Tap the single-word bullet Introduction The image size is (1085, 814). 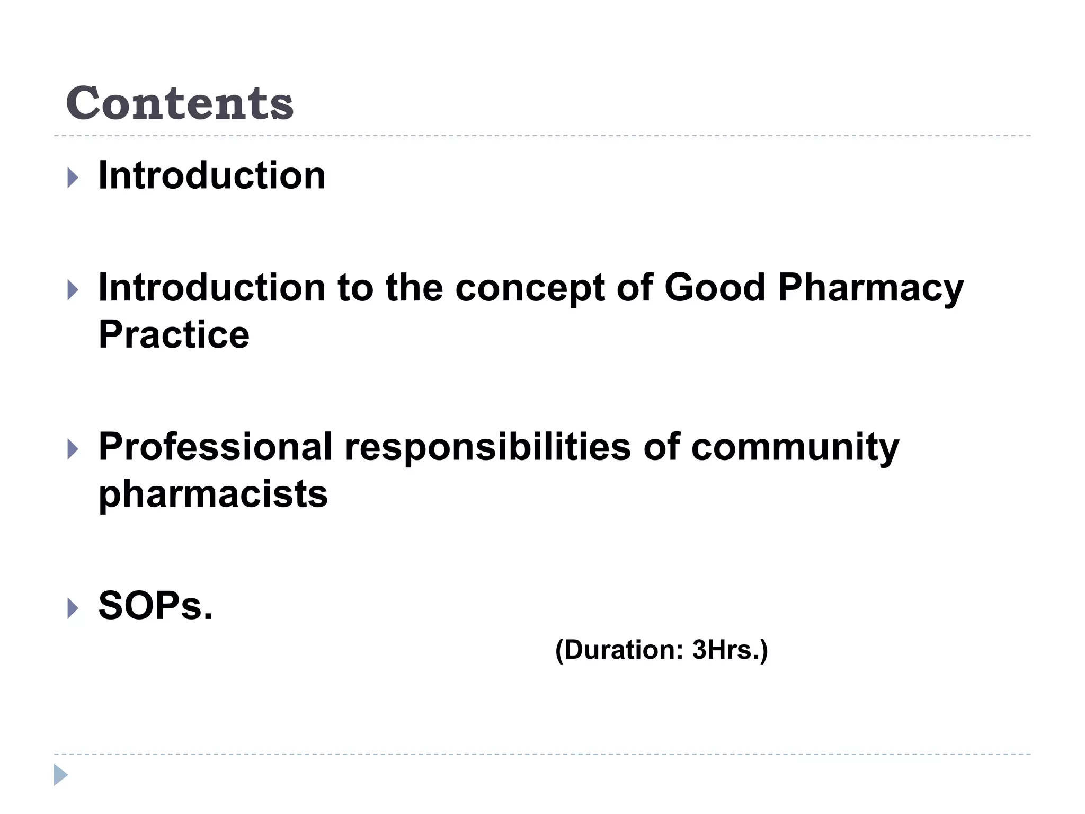click(212, 175)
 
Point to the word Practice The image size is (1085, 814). click(174, 335)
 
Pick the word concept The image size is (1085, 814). click(530, 289)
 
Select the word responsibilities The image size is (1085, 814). click(488, 448)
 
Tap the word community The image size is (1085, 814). click(795, 448)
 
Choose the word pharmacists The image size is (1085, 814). click(213, 494)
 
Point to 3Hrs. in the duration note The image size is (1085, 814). click(730, 650)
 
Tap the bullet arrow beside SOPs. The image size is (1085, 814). click(73, 608)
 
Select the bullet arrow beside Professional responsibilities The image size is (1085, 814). click(73, 449)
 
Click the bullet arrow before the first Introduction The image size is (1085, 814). click(73, 178)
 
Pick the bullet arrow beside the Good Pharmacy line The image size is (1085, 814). click(73, 290)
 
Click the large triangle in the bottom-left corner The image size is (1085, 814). click(60, 775)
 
